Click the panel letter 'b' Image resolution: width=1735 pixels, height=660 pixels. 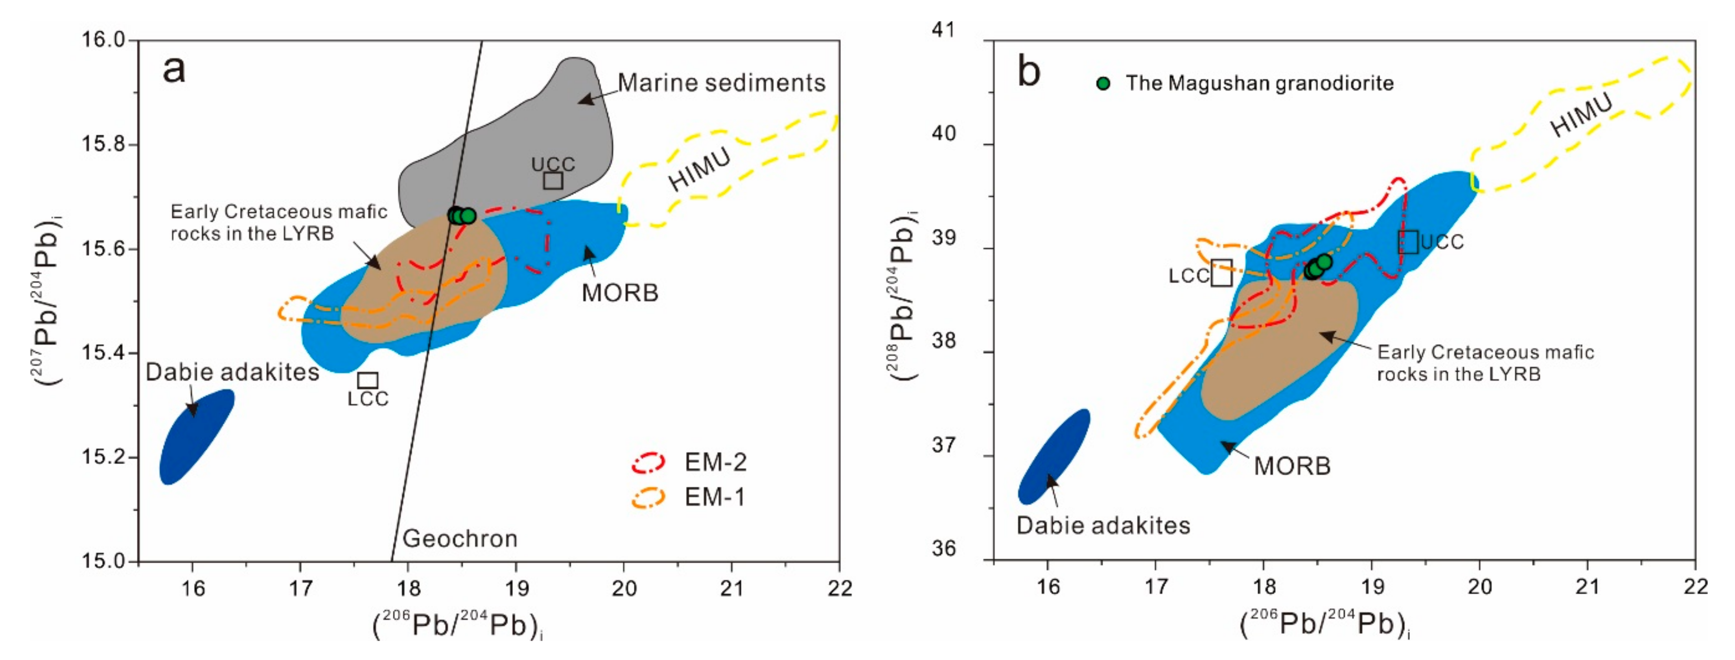click(x=1029, y=72)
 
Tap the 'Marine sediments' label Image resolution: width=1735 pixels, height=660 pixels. click(x=721, y=83)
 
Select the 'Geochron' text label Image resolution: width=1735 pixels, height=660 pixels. click(x=460, y=538)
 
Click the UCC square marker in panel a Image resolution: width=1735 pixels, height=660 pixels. click(x=553, y=180)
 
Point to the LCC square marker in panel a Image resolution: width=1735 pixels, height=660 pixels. click(x=368, y=380)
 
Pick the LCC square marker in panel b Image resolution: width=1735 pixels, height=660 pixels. click(x=1222, y=273)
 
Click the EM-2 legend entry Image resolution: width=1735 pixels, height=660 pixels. click(x=715, y=462)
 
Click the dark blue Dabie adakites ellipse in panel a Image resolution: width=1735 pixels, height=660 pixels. click(x=196, y=436)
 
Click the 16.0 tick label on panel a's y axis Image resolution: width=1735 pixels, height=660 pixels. click(x=104, y=40)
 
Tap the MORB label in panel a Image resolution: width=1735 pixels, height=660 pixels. click(x=620, y=293)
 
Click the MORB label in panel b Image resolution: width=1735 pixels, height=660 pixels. click(x=1292, y=466)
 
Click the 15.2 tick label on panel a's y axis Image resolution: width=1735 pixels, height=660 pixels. click(x=104, y=457)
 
